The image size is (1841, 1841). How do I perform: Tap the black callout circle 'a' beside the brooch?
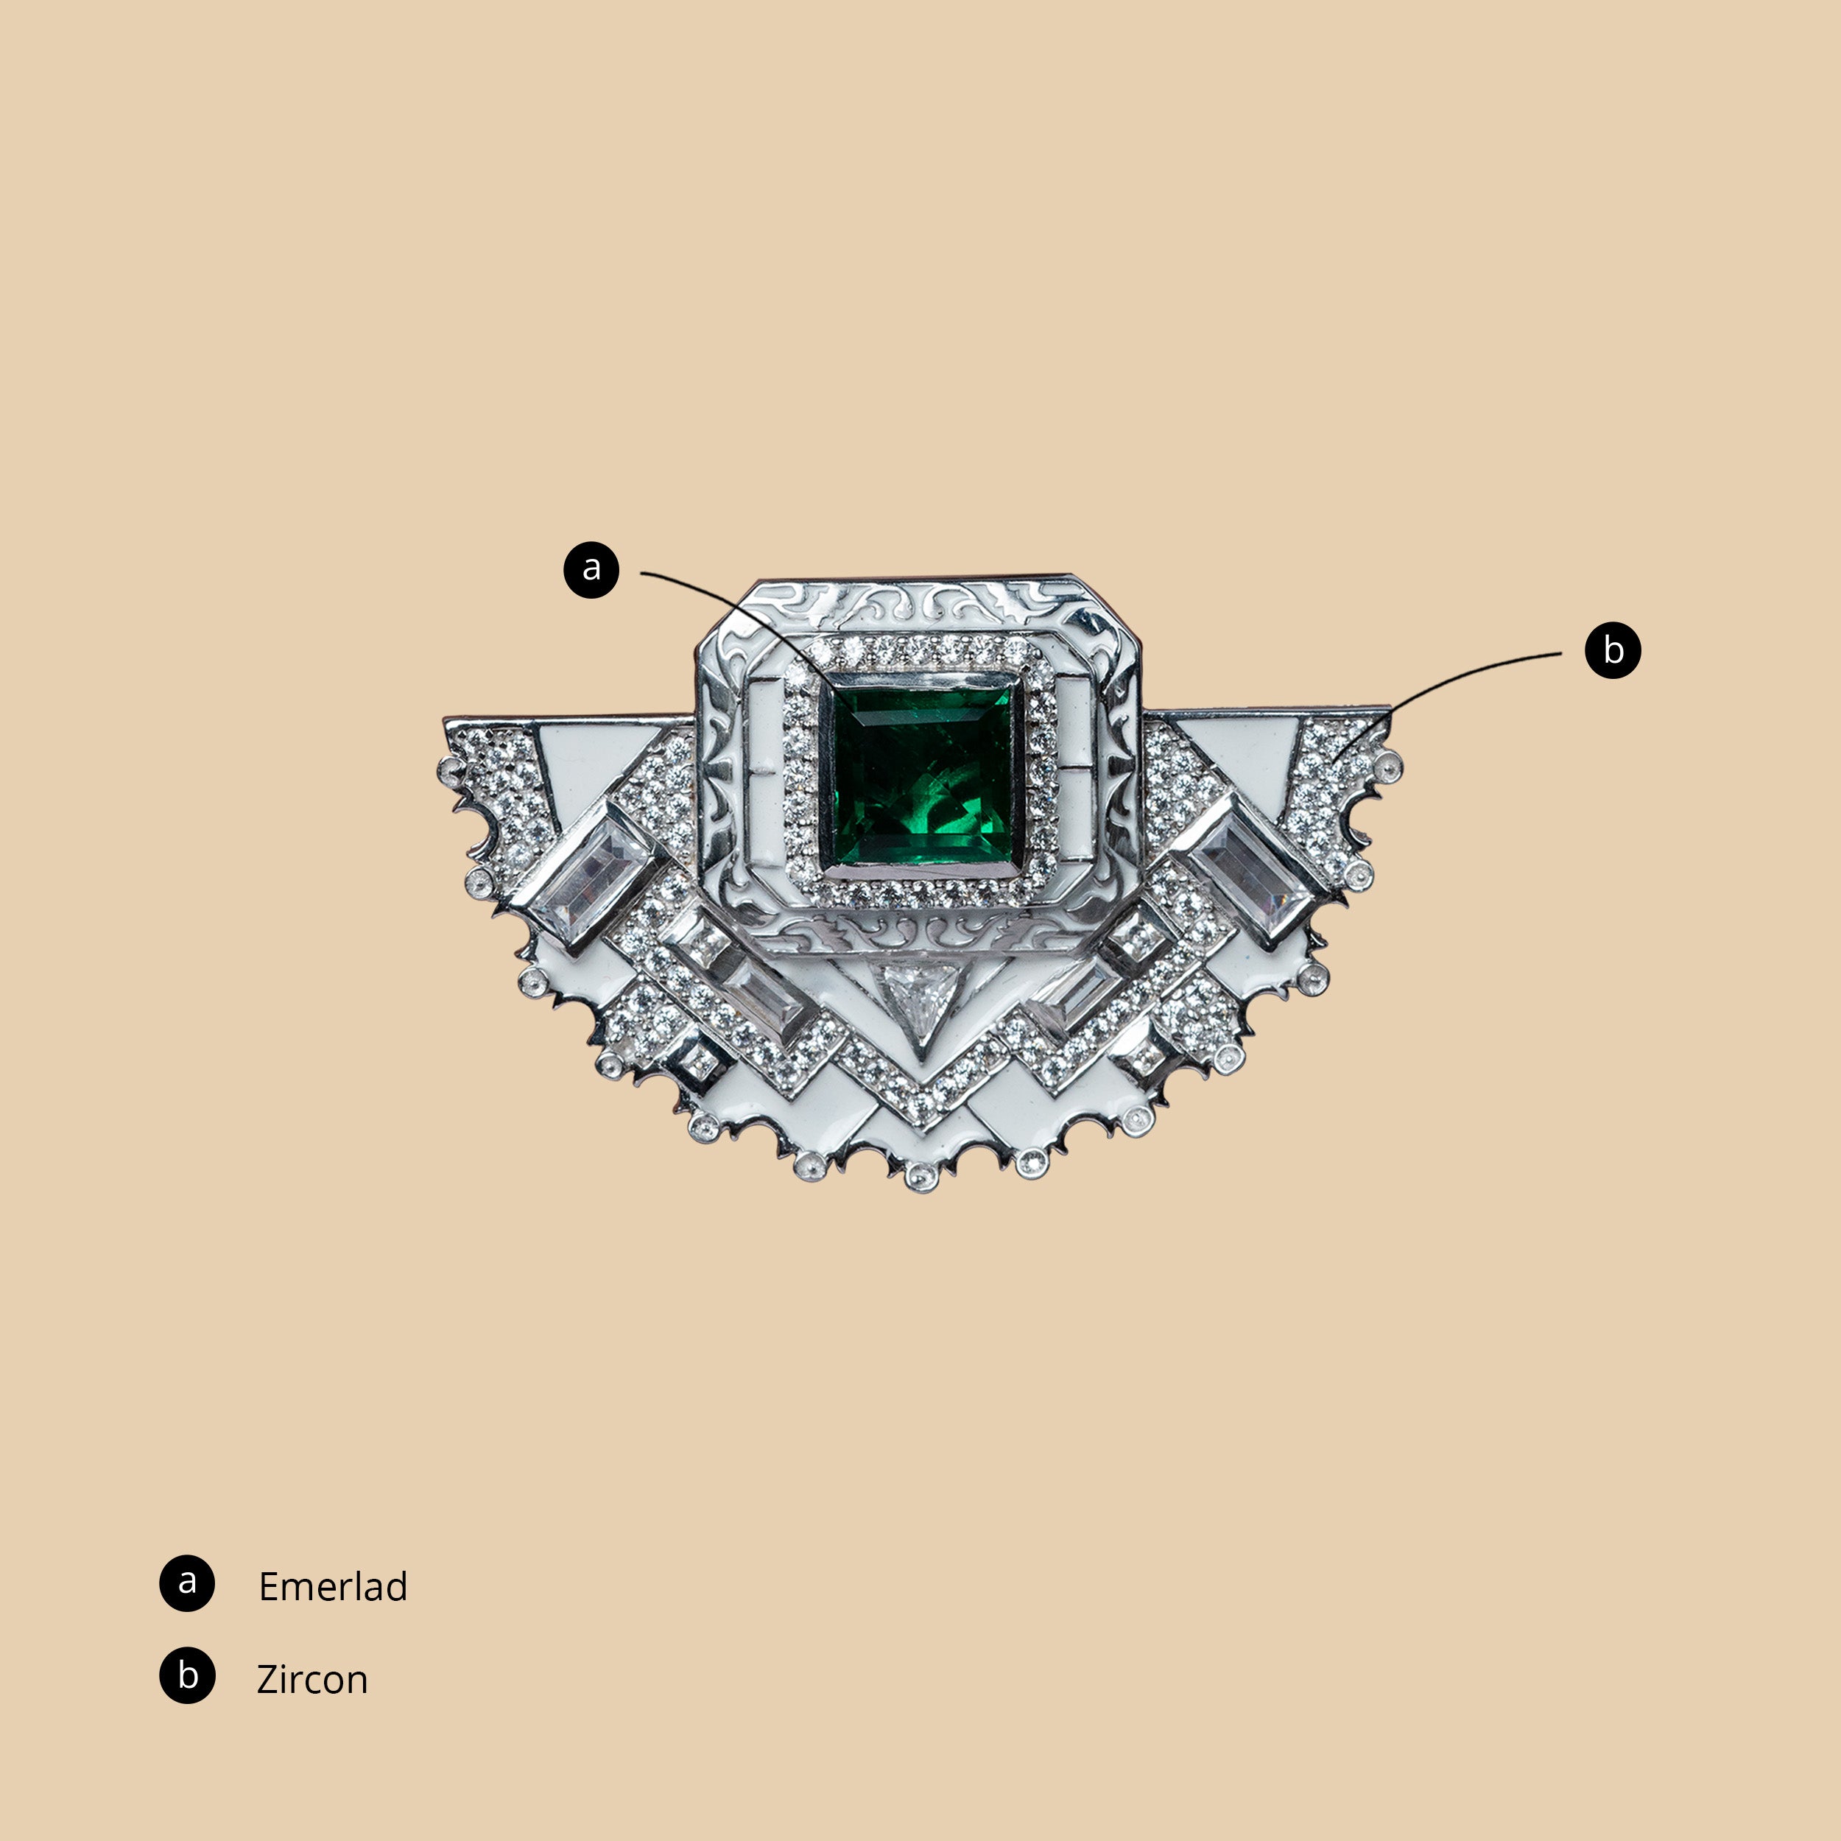(x=592, y=570)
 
